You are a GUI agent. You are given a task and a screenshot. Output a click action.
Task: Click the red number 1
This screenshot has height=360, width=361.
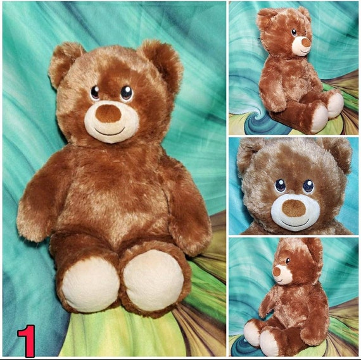(x=26, y=340)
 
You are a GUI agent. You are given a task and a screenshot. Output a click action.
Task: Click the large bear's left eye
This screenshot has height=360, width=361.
(x=95, y=93)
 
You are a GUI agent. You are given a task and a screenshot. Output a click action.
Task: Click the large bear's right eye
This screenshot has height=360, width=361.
(x=127, y=93)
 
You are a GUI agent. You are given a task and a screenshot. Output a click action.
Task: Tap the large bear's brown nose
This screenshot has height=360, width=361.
(x=109, y=113)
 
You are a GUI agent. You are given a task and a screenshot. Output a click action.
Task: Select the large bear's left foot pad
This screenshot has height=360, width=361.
(x=90, y=284)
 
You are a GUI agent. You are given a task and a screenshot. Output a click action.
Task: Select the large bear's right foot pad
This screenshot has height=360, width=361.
(x=153, y=280)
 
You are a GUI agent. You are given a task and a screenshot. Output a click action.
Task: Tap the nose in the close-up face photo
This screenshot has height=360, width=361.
(x=293, y=208)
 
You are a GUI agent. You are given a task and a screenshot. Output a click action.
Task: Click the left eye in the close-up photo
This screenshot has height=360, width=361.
(x=280, y=186)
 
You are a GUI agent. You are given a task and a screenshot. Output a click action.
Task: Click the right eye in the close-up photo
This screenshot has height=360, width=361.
(x=308, y=186)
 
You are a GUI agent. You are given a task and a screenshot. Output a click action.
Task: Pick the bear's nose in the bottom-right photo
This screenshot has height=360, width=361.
(x=277, y=271)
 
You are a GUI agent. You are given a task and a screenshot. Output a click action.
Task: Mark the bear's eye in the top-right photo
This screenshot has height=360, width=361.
(x=294, y=32)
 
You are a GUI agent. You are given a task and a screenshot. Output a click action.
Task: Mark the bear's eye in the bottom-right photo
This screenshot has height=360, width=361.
(x=288, y=260)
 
